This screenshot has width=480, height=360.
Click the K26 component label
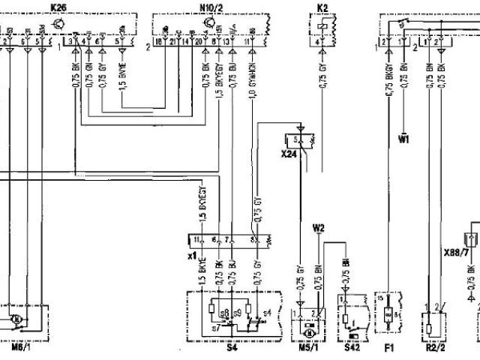[58, 7]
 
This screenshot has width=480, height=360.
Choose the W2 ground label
[319, 226]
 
